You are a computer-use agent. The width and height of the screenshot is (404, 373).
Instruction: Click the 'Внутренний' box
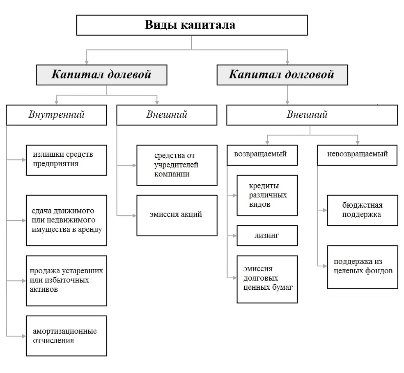pyautogui.click(x=57, y=115)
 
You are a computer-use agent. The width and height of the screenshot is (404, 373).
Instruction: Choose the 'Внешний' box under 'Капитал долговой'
pyautogui.click(x=312, y=115)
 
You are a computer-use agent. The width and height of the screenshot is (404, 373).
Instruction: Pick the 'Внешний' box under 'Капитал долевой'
pyautogui.click(x=167, y=115)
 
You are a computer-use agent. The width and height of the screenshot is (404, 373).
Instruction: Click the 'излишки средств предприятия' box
pyautogui.click(x=66, y=159)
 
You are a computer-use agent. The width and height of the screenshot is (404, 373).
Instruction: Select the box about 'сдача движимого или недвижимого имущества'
pyautogui.click(x=66, y=220)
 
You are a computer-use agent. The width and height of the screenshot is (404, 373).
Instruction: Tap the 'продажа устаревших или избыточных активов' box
pyautogui.click(x=66, y=281)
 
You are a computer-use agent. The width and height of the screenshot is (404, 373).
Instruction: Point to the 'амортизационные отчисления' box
pyautogui.click(x=66, y=336)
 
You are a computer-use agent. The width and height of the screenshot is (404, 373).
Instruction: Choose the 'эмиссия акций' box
pyautogui.click(x=177, y=215)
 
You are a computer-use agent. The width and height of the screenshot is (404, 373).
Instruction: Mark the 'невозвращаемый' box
pyautogui.click(x=357, y=155)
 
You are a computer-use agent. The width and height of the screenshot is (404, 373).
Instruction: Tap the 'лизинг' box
pyautogui.click(x=268, y=236)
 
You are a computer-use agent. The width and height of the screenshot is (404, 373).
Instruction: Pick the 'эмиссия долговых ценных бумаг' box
pyautogui.click(x=268, y=279)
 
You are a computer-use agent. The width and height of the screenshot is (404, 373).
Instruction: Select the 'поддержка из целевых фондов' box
pyautogui.click(x=362, y=267)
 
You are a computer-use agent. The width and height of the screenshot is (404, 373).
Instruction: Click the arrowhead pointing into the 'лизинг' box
pyautogui.click(x=234, y=236)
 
